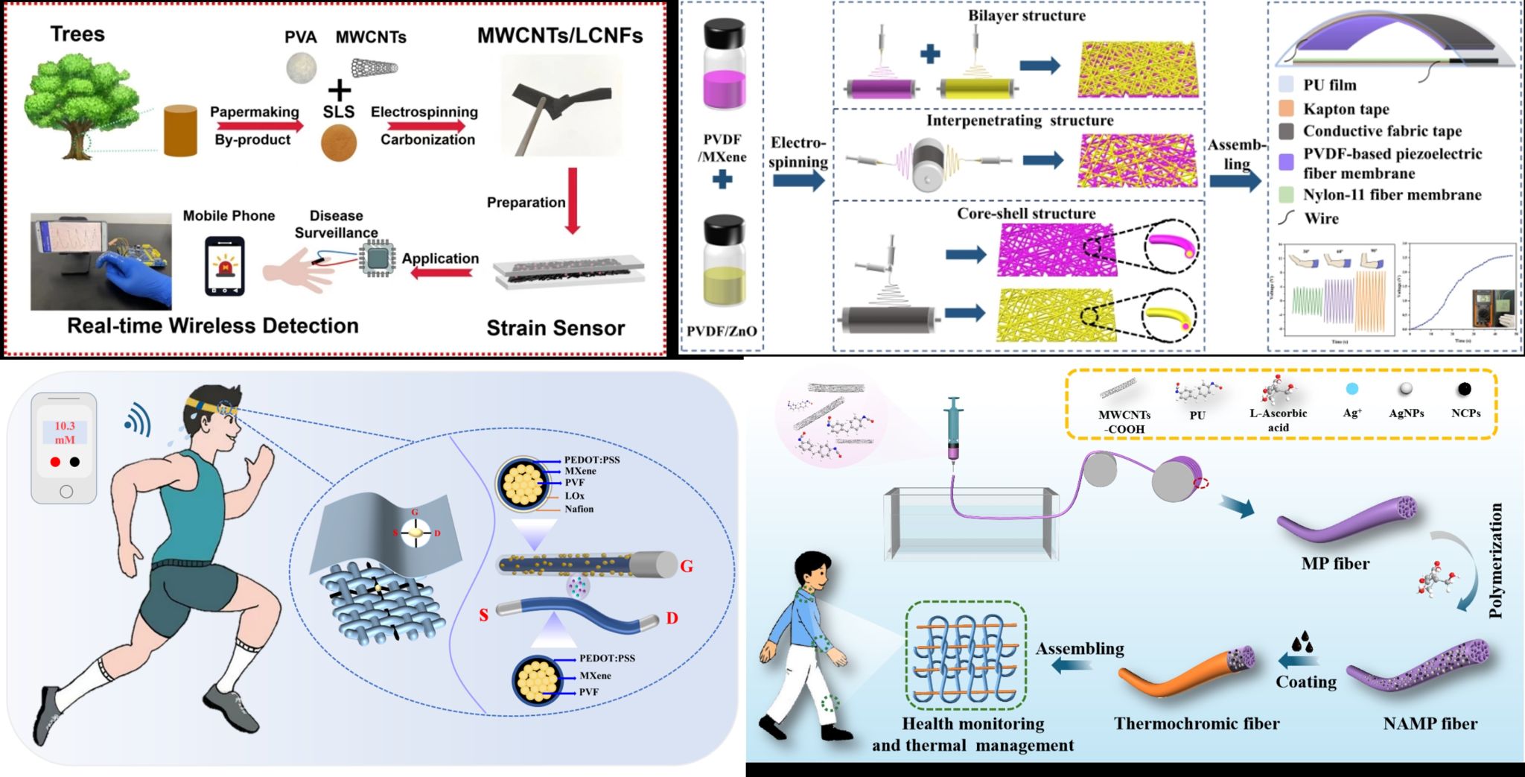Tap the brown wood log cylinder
tap(180, 131)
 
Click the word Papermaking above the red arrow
tap(254, 112)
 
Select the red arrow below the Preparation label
tap(573, 200)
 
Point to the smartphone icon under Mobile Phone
tap(224, 266)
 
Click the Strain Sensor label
tap(555, 329)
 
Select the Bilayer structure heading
tap(1026, 16)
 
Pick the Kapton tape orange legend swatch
tap(1286, 109)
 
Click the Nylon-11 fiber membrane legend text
tap(1392, 195)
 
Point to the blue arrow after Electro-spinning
tap(799, 180)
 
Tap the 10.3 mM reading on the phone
tap(65, 432)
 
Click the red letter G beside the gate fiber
tap(687, 566)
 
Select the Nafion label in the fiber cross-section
tap(579, 509)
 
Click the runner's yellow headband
tap(212, 407)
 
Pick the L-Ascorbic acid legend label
tap(1278, 420)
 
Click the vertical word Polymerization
tap(1495, 560)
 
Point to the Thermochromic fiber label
tap(1197, 723)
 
